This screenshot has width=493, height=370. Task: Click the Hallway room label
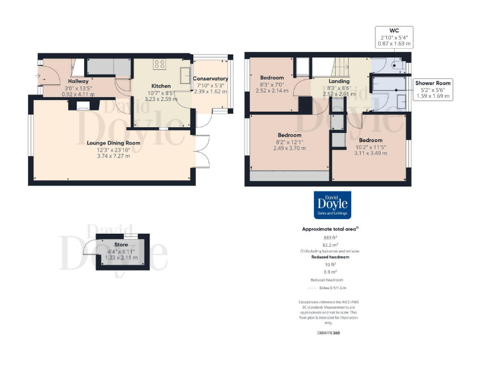tap(78, 82)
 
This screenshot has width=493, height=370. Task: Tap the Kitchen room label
tap(160, 86)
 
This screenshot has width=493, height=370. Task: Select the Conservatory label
tap(211, 79)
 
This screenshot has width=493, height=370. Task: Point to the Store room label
tap(121, 245)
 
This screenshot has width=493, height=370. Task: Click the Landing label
tap(338, 82)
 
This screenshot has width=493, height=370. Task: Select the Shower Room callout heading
tap(433, 83)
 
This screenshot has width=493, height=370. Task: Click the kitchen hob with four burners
tap(160, 64)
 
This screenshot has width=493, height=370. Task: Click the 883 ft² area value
tap(330, 236)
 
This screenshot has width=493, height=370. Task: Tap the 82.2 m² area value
tap(330, 245)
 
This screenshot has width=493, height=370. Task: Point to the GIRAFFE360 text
tap(330, 333)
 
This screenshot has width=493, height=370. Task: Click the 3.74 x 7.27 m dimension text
tap(114, 155)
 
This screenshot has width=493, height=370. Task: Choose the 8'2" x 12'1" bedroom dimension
tap(290, 142)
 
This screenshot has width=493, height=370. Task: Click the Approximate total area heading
tap(330, 229)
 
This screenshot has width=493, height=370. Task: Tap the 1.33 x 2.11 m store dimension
tap(121, 257)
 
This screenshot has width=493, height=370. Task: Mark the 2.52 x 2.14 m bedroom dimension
tap(272, 91)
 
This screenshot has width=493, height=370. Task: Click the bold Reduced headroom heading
tap(330, 257)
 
